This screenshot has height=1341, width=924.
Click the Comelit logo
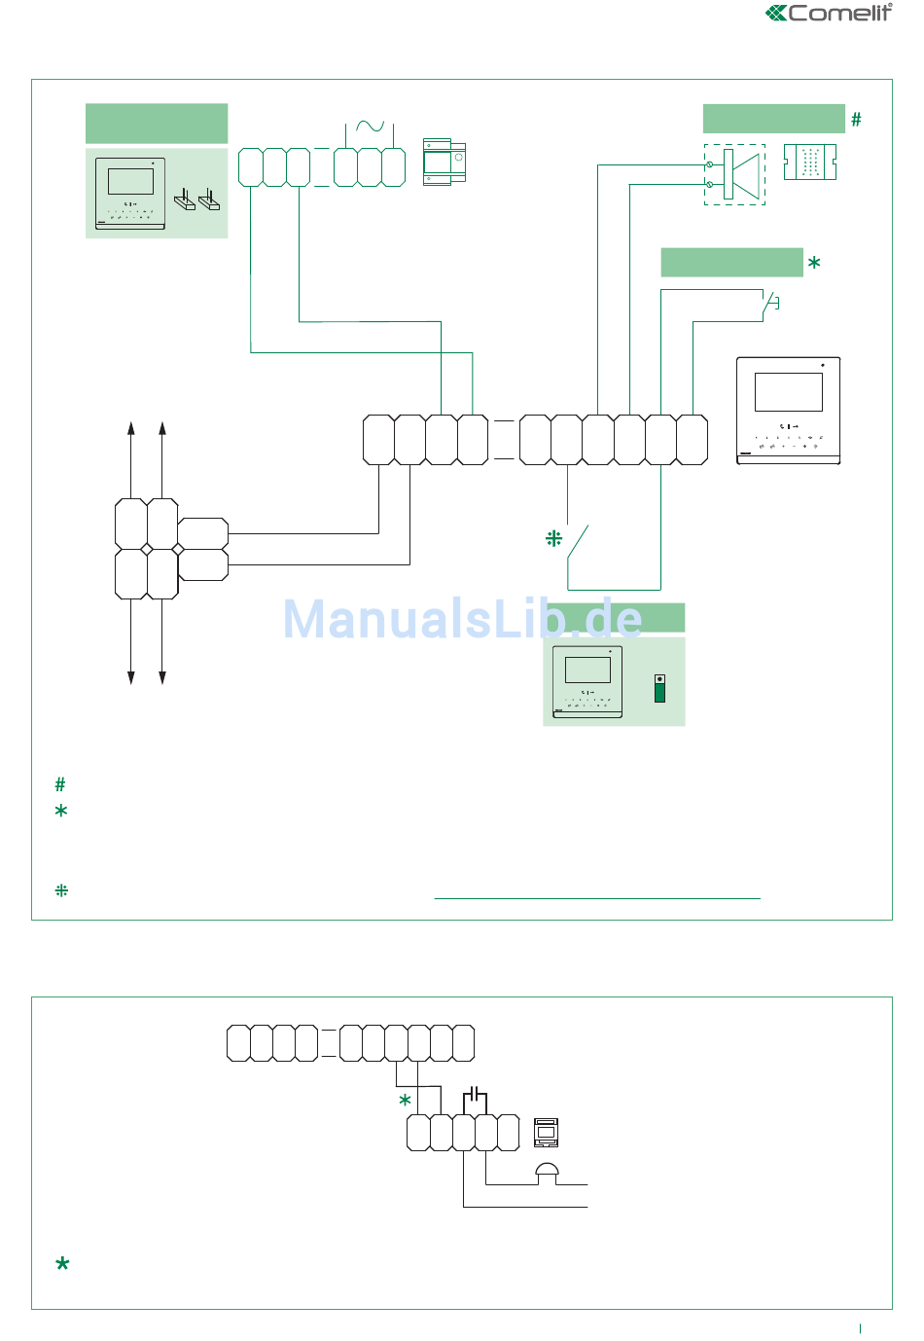tap(829, 13)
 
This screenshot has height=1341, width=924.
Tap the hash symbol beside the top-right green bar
tap(856, 120)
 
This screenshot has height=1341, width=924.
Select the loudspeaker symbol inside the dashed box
tap(741, 174)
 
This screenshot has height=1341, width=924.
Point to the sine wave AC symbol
tap(370, 126)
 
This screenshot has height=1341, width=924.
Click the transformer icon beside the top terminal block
tap(444, 163)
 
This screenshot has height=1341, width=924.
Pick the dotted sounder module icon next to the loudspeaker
tap(809, 162)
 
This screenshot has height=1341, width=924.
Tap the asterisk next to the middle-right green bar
tap(814, 263)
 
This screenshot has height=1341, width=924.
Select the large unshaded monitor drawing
tap(788, 411)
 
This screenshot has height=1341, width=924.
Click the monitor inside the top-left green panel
tap(130, 194)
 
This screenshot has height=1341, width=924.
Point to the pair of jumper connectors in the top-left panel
tap(196, 199)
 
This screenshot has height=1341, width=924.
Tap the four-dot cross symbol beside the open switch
tap(553, 538)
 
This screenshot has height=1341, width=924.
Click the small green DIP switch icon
tap(659, 688)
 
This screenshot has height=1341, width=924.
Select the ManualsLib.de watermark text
tap(463, 618)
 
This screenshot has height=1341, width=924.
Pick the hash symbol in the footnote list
tap(60, 783)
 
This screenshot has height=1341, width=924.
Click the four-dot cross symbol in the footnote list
tap(61, 890)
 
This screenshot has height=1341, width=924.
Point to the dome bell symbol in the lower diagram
tap(547, 1174)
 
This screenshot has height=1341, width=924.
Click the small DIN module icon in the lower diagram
tap(546, 1132)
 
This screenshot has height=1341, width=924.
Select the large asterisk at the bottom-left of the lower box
tap(62, 1263)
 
